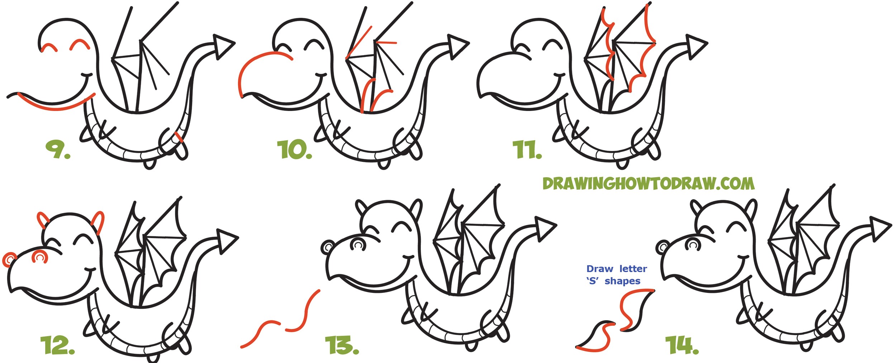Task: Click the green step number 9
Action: pyautogui.click(x=57, y=149)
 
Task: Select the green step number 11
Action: pyautogui.click(x=526, y=150)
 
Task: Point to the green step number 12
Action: pyautogui.click(x=57, y=345)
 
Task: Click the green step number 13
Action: pyautogui.click(x=341, y=345)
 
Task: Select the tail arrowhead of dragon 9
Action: pyautogui.click(x=222, y=47)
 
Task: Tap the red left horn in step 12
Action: pyautogui.click(x=43, y=220)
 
